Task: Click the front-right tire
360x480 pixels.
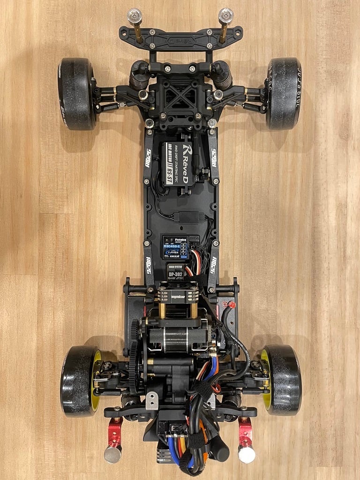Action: (x=284, y=94)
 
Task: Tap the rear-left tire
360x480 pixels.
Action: (x=78, y=380)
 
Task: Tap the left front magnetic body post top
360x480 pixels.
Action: (x=134, y=14)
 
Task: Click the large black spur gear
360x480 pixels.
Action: (x=134, y=356)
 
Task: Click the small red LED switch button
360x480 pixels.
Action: (x=231, y=305)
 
